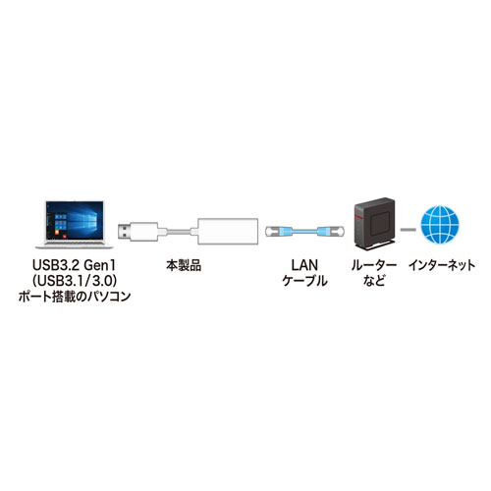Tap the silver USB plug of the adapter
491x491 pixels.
(125, 231)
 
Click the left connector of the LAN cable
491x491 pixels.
(280, 230)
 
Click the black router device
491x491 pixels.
(373, 223)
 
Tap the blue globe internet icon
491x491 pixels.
(440, 224)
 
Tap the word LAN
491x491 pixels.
(303, 265)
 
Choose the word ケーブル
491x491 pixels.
(303, 282)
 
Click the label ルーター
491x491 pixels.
(373, 265)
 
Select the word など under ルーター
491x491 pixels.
(373, 282)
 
